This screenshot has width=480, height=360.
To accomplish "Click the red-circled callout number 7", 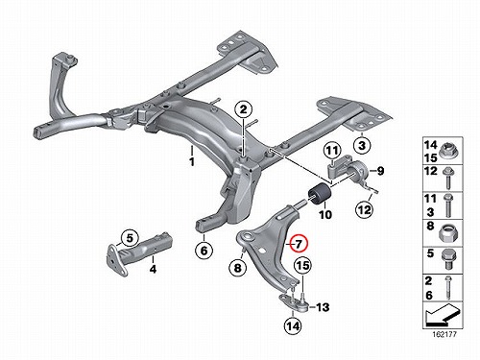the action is click(298, 244).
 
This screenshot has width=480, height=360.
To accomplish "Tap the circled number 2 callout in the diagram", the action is click(244, 109).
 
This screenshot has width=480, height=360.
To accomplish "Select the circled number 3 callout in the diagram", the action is click(362, 146).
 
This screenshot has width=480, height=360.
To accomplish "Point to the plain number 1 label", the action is click(192, 162).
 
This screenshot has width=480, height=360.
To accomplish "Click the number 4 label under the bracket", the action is click(154, 269).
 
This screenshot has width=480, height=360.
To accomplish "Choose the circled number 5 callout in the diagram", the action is click(130, 238).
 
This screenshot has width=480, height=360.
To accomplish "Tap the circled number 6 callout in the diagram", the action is click(204, 251).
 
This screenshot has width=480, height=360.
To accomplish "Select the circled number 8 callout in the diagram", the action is click(237, 268).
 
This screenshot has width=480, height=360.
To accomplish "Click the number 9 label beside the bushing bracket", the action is click(380, 171).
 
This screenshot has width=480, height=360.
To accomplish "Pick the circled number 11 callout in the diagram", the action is click(332, 151).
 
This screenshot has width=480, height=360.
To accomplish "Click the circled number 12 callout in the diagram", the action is click(365, 210).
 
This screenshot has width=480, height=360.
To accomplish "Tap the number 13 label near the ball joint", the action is click(323, 307).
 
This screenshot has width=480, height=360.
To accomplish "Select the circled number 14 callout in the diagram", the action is click(293, 326).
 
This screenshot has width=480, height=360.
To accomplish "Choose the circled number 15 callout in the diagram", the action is click(303, 265).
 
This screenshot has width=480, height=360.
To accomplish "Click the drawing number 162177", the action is click(444, 335).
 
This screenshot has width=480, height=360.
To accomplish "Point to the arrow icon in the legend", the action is click(443, 314).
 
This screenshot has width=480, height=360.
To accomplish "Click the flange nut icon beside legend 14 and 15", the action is click(448, 151).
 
